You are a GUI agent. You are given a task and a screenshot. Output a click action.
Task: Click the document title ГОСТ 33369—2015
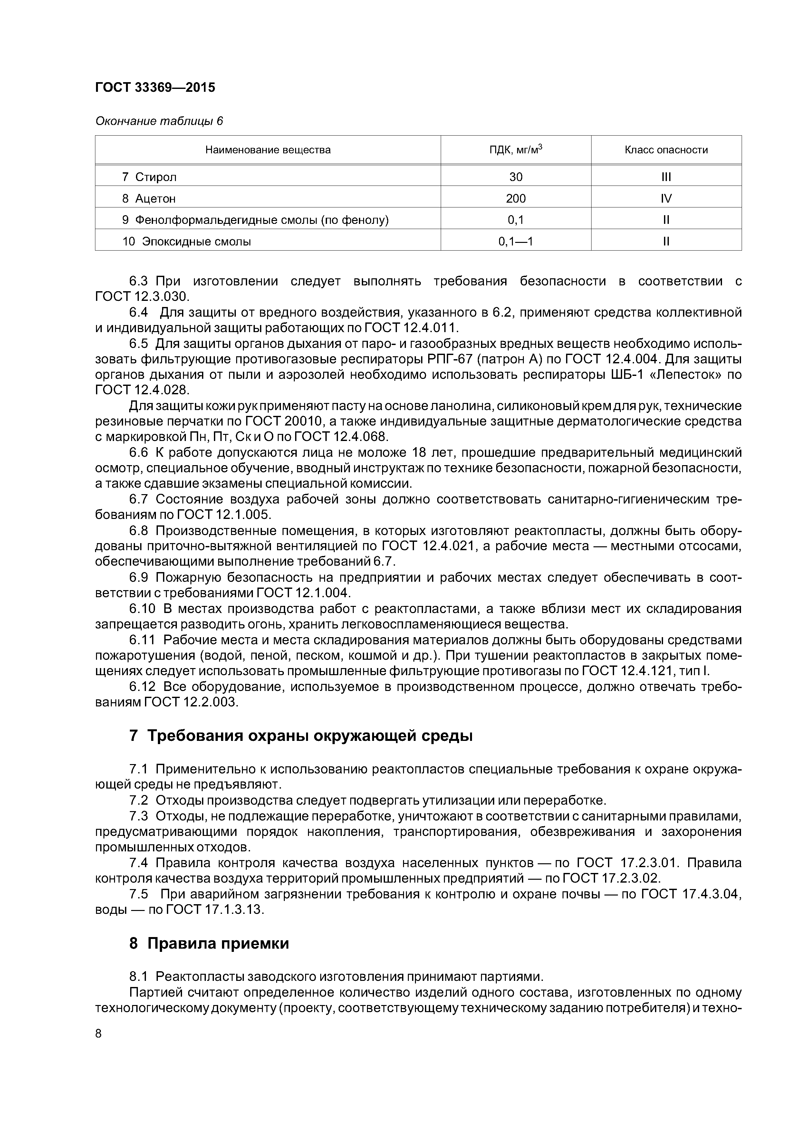pyautogui.click(x=155, y=88)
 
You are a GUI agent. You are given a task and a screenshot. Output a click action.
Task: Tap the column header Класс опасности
pyautogui.click(x=666, y=149)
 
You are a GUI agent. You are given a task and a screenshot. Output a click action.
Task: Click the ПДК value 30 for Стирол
pyautogui.click(x=515, y=177)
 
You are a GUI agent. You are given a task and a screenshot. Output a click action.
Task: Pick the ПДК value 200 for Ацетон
pyautogui.click(x=515, y=198)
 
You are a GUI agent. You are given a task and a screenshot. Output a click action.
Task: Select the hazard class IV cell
pyautogui.click(x=666, y=198)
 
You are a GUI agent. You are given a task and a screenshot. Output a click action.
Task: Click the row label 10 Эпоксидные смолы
pyautogui.click(x=187, y=242)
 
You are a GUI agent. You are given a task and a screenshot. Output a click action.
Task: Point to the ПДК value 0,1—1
pyautogui.click(x=515, y=242)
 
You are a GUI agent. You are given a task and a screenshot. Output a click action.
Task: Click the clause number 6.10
pyautogui.click(x=142, y=609)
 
